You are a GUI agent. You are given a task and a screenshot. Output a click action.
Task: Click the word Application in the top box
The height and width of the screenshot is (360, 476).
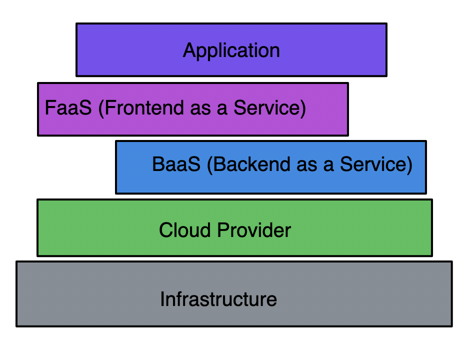point(231,50)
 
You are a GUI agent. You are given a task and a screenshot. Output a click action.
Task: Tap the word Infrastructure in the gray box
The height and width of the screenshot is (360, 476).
point(218,299)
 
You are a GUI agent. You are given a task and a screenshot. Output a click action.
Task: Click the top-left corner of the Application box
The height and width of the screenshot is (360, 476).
point(76,23)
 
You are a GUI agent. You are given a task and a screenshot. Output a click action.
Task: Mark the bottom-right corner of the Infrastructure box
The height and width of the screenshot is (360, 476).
point(452,326)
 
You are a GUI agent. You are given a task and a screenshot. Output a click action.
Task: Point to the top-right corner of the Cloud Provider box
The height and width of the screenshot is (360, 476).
point(432,199)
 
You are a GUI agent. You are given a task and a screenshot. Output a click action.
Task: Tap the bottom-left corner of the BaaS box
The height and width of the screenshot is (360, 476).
point(116,193)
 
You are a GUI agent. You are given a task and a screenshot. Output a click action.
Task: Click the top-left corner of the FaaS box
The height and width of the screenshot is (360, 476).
point(38,83)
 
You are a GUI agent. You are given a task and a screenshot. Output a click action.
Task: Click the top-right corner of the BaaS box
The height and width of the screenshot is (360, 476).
point(426,141)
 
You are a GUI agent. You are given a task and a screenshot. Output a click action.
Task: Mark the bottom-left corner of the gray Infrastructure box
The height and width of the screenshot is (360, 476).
point(16,326)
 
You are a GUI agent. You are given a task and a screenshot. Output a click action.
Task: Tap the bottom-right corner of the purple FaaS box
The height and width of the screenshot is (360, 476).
point(348,135)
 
